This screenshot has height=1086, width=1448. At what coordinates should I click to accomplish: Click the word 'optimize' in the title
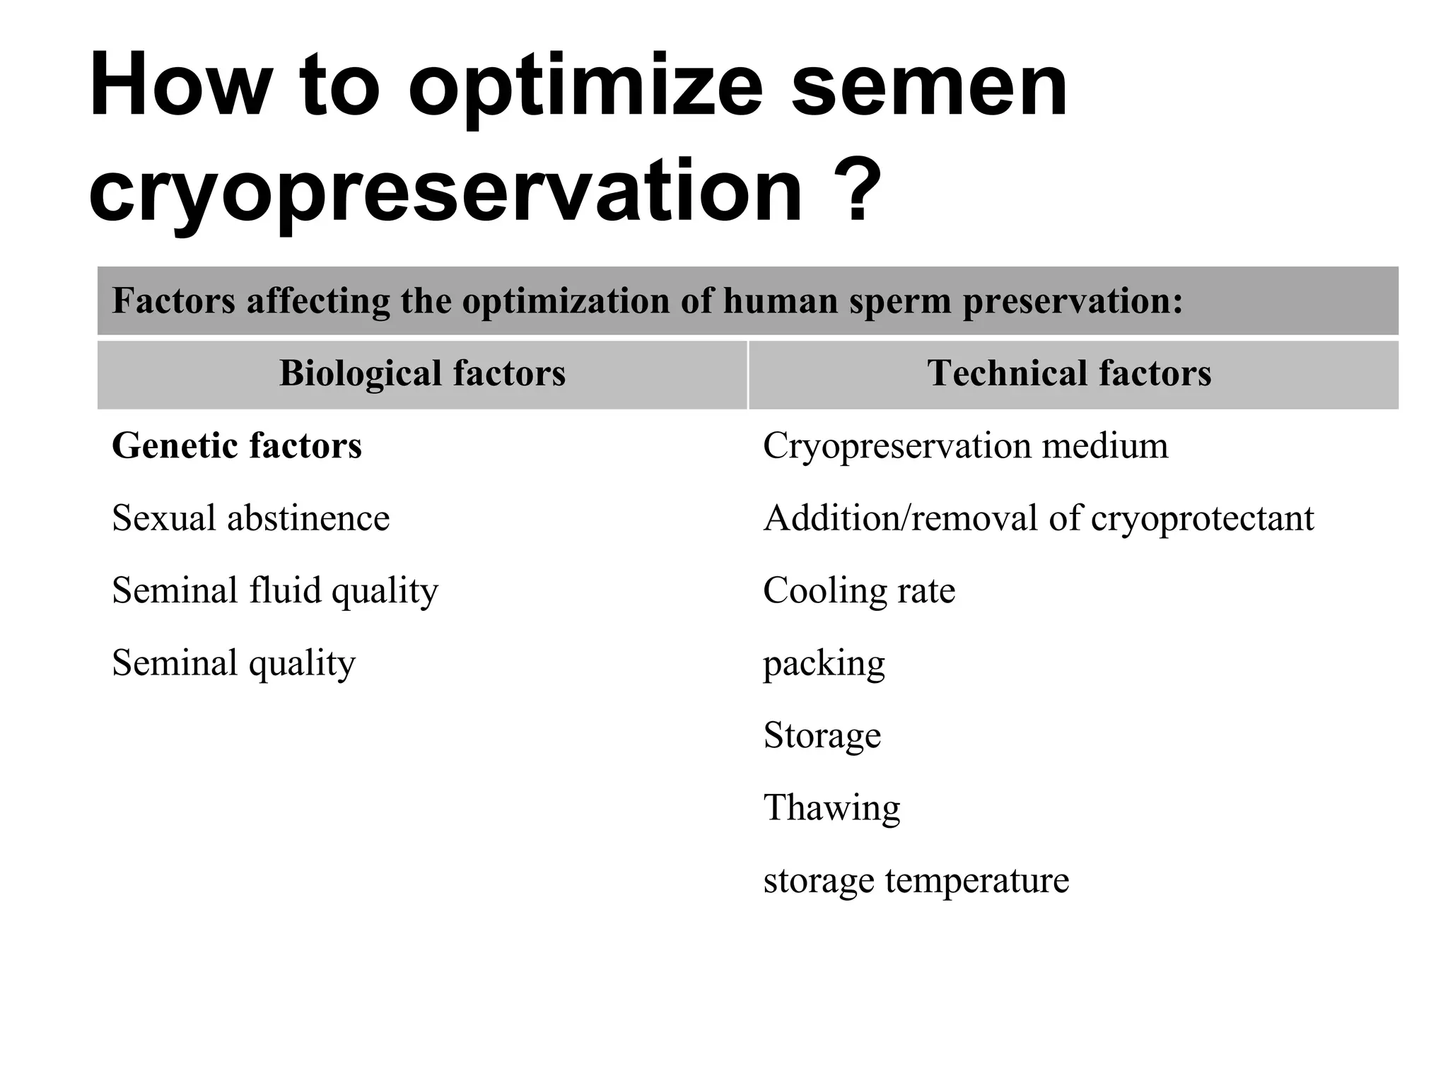(x=585, y=89)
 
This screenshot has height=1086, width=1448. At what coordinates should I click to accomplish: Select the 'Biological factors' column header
(x=422, y=373)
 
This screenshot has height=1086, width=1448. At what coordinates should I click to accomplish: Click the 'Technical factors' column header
(x=1069, y=373)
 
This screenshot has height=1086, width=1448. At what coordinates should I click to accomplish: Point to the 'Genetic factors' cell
(x=237, y=446)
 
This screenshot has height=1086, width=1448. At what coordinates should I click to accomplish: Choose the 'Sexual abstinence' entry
(x=250, y=518)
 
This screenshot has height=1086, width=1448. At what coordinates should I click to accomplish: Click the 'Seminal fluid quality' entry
(x=275, y=591)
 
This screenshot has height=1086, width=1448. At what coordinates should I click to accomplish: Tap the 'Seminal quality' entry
(x=233, y=663)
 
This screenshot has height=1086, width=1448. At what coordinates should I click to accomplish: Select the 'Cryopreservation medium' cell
(x=965, y=446)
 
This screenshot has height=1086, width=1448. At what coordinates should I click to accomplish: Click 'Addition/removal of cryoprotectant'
(x=1038, y=518)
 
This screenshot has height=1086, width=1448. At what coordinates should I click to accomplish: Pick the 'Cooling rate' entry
(x=859, y=591)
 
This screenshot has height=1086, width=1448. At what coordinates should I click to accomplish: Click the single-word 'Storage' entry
(x=822, y=735)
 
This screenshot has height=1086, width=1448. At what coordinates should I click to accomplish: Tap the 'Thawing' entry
(x=831, y=807)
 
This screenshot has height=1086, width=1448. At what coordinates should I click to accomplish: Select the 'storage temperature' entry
(x=916, y=881)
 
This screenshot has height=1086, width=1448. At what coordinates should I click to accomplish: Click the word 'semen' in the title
(x=928, y=89)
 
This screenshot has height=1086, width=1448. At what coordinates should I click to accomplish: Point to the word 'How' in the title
(x=180, y=88)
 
